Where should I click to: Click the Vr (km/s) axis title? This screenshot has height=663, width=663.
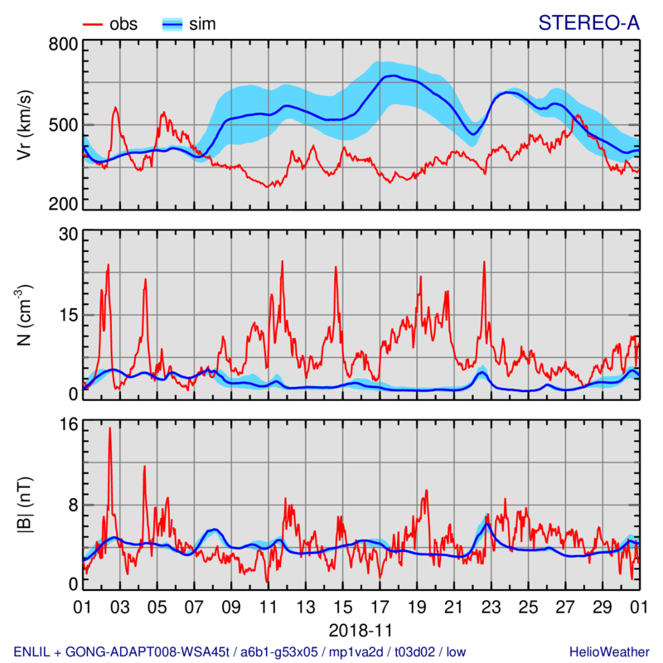(x=25, y=124)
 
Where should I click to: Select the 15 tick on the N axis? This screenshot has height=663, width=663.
(x=67, y=315)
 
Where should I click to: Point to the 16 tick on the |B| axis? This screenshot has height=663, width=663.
(x=67, y=424)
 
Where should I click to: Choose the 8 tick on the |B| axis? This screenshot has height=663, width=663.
(x=72, y=504)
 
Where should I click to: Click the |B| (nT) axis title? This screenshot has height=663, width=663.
(x=25, y=505)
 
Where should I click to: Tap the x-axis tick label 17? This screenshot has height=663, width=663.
(x=380, y=606)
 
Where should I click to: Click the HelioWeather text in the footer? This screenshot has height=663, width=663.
(x=607, y=651)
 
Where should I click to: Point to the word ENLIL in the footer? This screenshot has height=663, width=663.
(x=33, y=651)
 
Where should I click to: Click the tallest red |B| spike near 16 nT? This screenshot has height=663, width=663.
(x=109, y=429)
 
